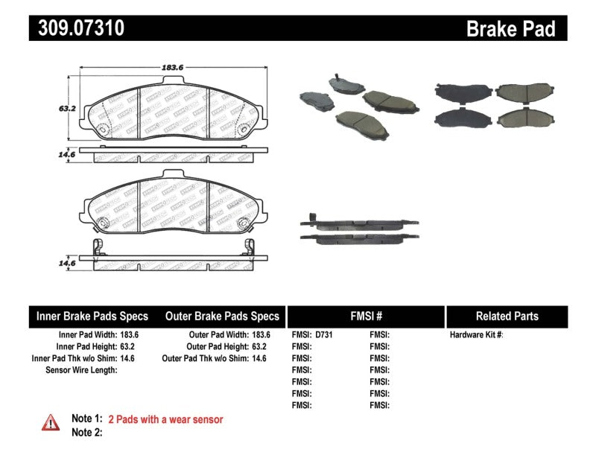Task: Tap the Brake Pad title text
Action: pyautogui.click(x=511, y=28)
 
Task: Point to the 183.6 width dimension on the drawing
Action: pyautogui.click(x=172, y=67)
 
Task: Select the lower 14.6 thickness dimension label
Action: pyautogui.click(x=68, y=263)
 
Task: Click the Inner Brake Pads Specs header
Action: pyautogui.click(x=92, y=316)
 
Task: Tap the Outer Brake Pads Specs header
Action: pyautogui.click(x=222, y=316)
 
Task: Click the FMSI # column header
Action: pyautogui.click(x=366, y=316)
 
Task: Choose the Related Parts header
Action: pyautogui.click(x=507, y=316)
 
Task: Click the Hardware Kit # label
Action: pyautogui.click(x=477, y=334)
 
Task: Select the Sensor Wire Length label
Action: pyautogui.click(x=81, y=370)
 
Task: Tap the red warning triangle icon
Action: pyautogui.click(x=50, y=422)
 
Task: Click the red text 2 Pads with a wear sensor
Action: pyautogui.click(x=165, y=419)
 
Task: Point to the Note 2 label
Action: pyautogui.click(x=86, y=432)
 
